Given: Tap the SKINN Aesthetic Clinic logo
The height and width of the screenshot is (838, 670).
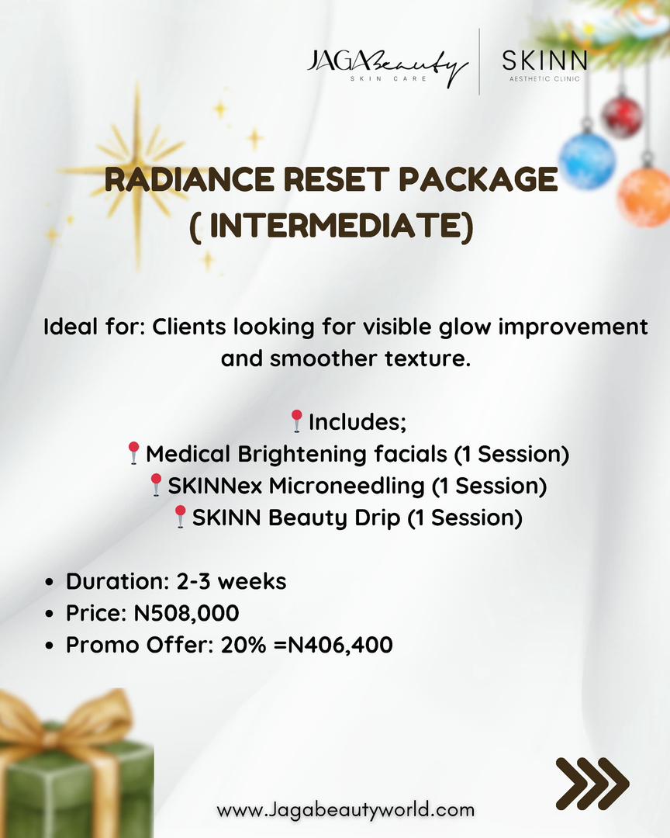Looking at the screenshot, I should point(544,64).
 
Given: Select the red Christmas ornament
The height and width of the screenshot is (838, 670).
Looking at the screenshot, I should point(622,116).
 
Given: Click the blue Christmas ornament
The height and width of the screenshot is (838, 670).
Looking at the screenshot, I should point(587,160).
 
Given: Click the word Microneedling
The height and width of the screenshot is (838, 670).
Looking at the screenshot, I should point(347,486).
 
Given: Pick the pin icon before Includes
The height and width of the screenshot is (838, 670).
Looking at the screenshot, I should point(296,421).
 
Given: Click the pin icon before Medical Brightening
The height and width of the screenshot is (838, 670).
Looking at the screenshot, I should point(133,453).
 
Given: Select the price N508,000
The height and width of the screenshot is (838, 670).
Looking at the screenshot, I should point(186,613).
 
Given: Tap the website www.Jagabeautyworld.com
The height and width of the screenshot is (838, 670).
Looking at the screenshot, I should point(345,810).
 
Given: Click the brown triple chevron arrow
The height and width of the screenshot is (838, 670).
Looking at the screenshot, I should point(592,784).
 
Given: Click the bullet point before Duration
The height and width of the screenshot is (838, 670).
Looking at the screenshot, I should point(50,582).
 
